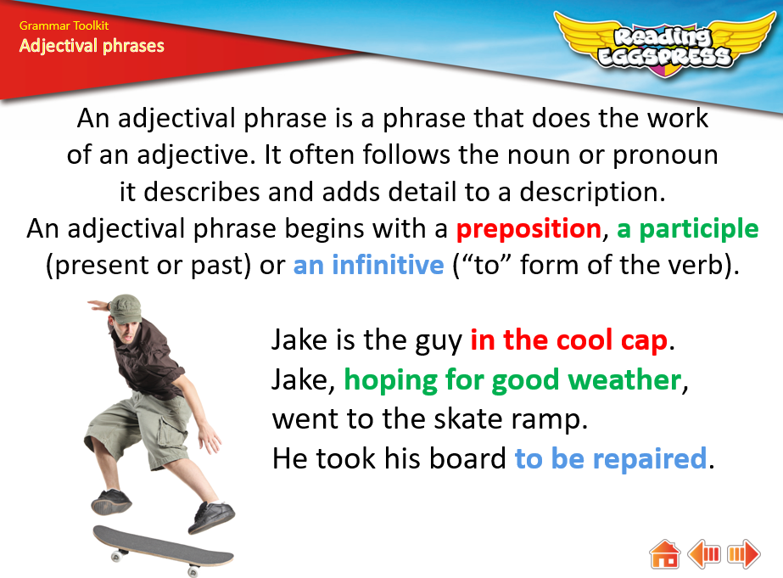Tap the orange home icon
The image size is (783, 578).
[664, 553]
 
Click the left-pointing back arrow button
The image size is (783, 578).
[703, 553]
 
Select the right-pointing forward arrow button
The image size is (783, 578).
[743, 553]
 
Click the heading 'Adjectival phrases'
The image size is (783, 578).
[92, 46]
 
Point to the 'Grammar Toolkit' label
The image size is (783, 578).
[64, 25]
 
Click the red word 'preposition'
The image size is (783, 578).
[529, 229]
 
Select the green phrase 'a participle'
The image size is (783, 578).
[688, 229]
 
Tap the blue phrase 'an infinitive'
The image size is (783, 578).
[368, 265]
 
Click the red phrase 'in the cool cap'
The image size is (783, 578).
[568, 340]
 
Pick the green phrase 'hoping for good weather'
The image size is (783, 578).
[513, 381]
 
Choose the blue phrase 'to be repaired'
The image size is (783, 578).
[611, 458]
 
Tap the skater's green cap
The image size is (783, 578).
[125, 309]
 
